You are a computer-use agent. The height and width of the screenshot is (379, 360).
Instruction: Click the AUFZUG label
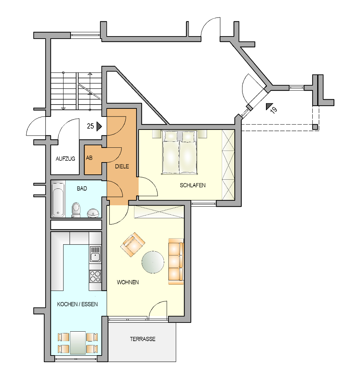point(65,159)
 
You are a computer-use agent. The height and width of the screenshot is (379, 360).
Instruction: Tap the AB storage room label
point(89,158)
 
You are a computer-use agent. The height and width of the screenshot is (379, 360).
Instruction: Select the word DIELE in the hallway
point(122,166)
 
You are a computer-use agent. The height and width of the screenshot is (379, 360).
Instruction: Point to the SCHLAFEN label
point(193,185)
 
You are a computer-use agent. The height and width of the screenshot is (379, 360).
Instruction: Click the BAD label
point(82,188)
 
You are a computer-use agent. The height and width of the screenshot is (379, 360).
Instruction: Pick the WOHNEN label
point(128,282)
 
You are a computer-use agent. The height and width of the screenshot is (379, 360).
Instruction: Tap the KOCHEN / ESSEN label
point(77,304)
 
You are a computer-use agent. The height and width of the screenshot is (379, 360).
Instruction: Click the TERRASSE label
point(142,339)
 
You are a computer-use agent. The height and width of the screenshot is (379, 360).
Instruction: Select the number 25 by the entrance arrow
point(91,126)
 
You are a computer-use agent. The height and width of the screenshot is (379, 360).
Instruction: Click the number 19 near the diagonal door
point(274,110)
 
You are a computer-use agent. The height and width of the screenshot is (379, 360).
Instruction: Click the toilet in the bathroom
point(76,210)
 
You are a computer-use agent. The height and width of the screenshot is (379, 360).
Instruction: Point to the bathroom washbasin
point(93,213)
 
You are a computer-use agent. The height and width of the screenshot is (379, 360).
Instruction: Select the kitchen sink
point(95,254)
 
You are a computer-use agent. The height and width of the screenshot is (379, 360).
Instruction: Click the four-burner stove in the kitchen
point(95,276)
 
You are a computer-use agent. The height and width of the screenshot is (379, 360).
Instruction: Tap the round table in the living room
point(153,262)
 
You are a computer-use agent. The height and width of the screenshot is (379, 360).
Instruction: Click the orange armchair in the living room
point(133,245)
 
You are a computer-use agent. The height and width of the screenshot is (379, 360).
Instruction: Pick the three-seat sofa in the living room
point(176,261)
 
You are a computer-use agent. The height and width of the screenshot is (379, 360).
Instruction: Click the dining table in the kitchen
point(78,343)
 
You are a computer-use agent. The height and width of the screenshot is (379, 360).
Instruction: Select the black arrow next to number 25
point(99,126)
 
